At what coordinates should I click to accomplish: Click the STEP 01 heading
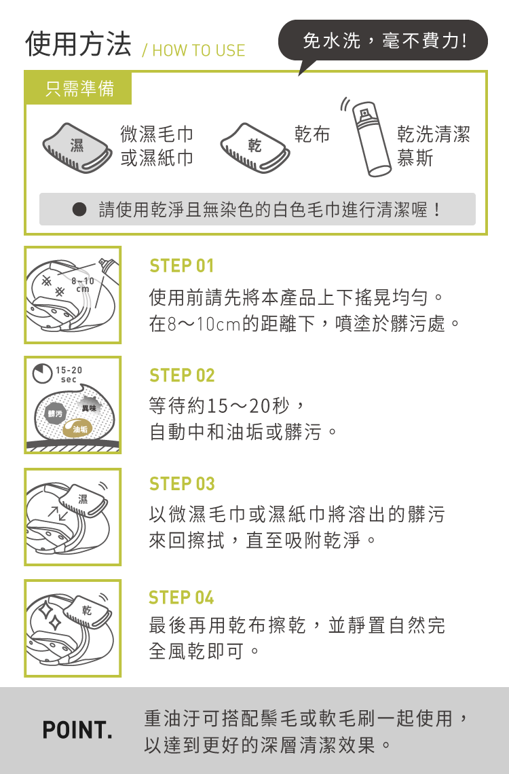181,266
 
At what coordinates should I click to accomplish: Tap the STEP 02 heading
182,375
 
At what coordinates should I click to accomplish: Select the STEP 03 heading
182,484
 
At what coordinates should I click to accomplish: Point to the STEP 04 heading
181,597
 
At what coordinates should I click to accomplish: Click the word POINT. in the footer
77,730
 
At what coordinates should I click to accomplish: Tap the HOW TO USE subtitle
193,50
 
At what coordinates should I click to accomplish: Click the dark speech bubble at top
383,41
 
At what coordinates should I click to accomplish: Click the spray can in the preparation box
370,140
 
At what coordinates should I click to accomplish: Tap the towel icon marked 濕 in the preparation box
77,147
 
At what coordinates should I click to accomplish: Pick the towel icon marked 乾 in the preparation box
254,147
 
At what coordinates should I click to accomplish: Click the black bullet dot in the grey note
79,209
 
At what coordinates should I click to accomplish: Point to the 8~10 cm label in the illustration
82,285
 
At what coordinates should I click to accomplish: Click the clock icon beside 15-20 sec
42,373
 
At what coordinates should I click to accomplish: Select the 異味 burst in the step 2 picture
89,408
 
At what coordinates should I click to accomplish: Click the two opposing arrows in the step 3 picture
58,513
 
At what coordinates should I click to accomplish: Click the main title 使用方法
79,44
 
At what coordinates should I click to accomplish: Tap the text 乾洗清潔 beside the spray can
434,134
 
